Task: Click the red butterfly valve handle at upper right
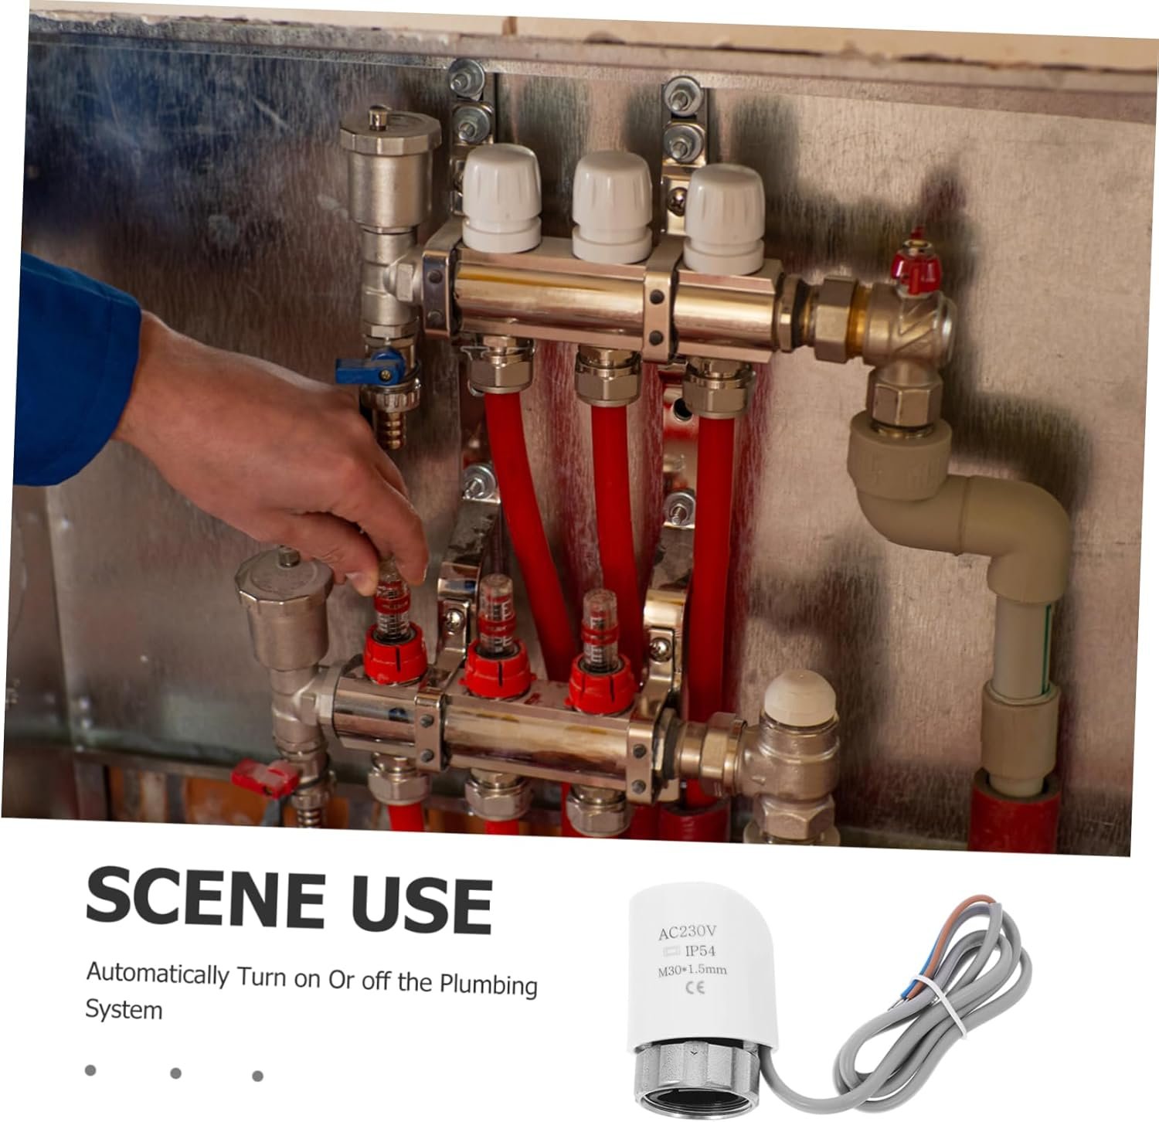pos(916,263)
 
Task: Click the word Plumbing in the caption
pos(489,984)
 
